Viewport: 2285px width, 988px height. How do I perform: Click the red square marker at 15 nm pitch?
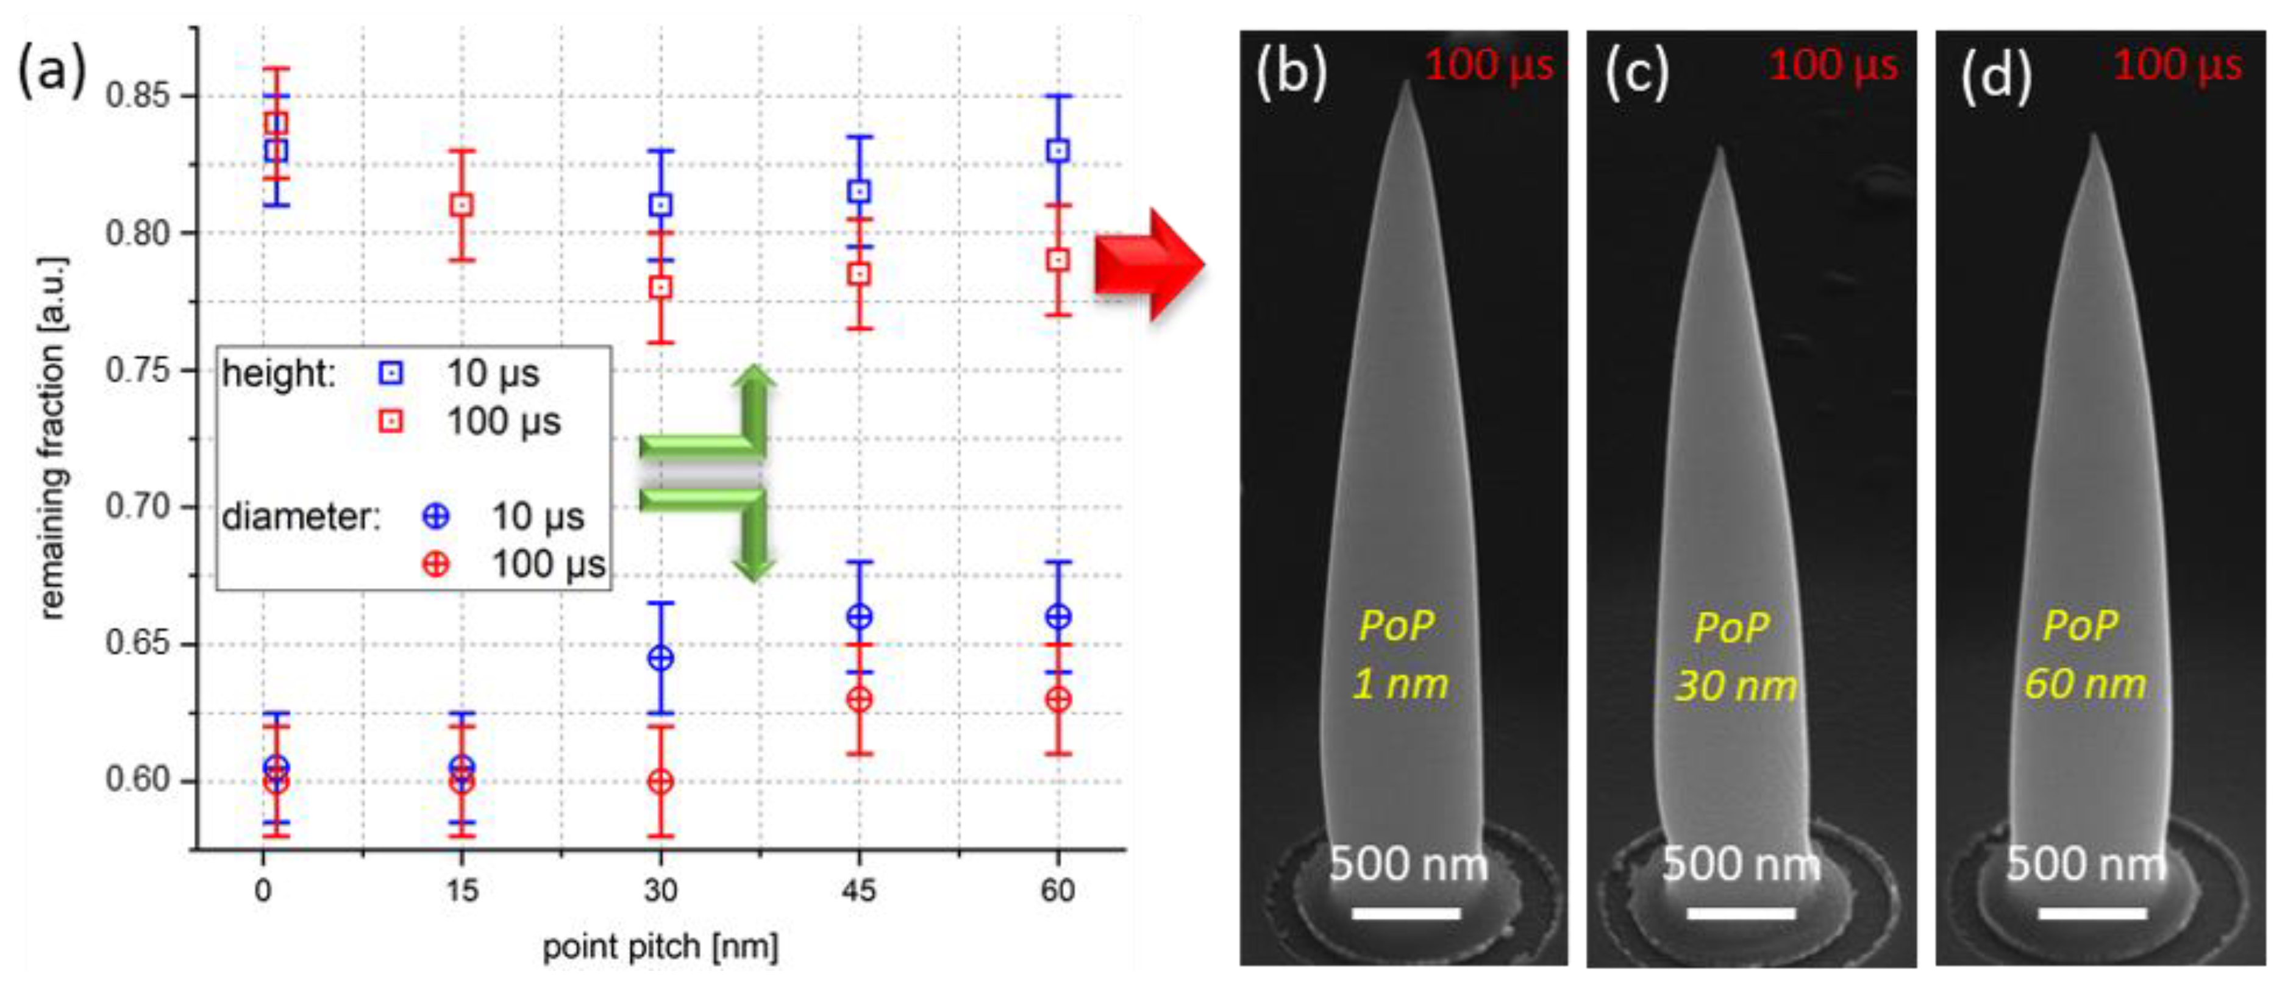(462, 205)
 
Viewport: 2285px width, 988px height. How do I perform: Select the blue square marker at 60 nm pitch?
(1057, 151)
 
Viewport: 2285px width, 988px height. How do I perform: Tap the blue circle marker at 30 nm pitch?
(661, 658)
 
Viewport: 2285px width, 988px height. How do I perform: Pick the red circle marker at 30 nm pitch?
(661, 781)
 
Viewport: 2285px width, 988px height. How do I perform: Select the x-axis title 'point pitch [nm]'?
(660, 947)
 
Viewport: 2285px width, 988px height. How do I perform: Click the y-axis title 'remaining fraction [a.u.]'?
(53, 438)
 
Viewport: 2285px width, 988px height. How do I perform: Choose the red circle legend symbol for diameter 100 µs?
(435, 564)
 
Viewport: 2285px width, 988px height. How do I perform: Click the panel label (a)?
(51, 71)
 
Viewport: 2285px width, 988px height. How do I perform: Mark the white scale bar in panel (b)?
(1406, 912)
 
